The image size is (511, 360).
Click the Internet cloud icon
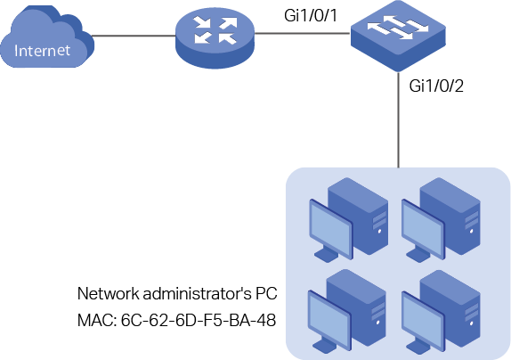[x=47, y=37]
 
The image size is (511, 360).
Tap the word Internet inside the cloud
[x=42, y=51]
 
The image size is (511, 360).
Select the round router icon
[x=215, y=38]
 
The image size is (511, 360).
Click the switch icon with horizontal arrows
[x=398, y=36]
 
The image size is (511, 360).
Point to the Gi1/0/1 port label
[x=311, y=15]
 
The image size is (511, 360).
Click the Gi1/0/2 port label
[x=436, y=86]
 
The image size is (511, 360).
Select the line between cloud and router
[x=134, y=36]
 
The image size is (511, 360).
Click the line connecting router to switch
[x=303, y=33]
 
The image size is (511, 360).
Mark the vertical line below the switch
[x=398, y=120]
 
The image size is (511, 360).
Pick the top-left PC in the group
[x=348, y=219]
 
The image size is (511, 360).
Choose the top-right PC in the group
[x=441, y=219]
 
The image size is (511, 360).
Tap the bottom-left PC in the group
[x=347, y=311]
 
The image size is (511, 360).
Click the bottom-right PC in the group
[x=441, y=312]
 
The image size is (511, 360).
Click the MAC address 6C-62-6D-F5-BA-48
[x=199, y=320]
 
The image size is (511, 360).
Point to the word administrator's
[x=197, y=293]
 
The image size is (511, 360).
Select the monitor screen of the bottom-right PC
[x=423, y=321]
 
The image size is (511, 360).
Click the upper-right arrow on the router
[x=228, y=24]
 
